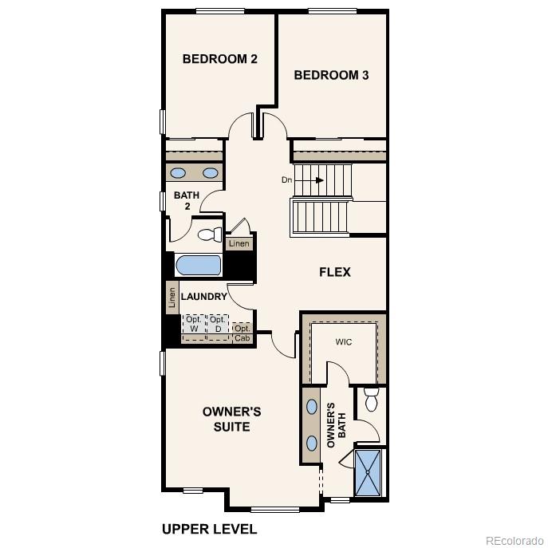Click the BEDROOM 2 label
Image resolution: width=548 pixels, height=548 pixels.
click(x=219, y=59)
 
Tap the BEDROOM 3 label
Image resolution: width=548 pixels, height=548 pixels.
click(x=331, y=76)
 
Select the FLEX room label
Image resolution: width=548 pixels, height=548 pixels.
click(x=335, y=272)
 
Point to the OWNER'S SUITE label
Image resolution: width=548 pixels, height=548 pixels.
click(x=231, y=420)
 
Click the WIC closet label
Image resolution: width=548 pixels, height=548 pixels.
click(x=344, y=342)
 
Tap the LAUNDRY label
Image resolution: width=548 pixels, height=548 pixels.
click(x=204, y=297)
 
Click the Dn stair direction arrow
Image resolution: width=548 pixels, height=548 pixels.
click(x=303, y=180)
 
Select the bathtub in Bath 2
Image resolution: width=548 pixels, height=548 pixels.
click(x=198, y=265)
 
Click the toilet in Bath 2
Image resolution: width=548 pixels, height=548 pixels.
click(x=208, y=235)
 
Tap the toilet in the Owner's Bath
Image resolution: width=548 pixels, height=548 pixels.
click(x=371, y=400)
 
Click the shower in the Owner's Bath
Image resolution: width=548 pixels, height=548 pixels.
click(x=368, y=473)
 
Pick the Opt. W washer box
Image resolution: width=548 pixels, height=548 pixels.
click(x=194, y=325)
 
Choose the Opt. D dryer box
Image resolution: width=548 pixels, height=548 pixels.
click(x=218, y=325)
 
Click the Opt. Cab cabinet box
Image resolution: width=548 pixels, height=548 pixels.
click(x=242, y=333)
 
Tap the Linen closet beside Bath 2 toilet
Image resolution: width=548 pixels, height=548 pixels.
click(x=239, y=243)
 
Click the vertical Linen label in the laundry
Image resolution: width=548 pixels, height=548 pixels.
click(x=171, y=298)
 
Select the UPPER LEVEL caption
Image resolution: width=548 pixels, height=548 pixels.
click(x=209, y=529)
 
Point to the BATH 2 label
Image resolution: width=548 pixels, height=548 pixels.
click(x=187, y=200)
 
